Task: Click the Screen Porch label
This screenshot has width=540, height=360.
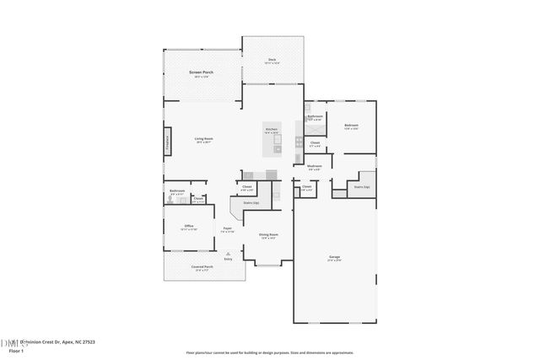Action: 201,73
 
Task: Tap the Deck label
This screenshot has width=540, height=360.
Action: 272,59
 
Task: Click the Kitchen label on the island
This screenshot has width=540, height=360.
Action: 272,129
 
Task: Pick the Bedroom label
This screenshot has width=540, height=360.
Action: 351,125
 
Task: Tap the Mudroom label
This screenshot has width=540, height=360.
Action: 315,166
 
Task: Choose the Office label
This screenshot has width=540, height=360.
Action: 190,226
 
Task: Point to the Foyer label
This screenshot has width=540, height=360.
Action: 228,229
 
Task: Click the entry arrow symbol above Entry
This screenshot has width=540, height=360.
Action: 228,252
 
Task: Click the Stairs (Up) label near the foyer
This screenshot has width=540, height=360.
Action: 251,203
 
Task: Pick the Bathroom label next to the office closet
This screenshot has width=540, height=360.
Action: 177,191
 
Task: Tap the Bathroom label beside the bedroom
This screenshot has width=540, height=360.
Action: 315,116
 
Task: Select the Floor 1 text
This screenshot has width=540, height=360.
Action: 16,351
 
